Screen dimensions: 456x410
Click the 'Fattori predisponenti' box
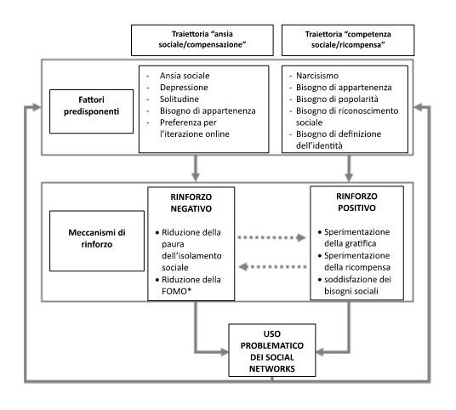(91, 111)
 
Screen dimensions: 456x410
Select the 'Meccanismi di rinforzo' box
(97, 241)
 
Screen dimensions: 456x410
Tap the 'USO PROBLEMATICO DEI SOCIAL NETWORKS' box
(272, 350)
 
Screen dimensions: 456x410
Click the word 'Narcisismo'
(317, 76)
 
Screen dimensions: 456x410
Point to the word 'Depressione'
(184, 88)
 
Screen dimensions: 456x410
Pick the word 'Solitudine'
(180, 99)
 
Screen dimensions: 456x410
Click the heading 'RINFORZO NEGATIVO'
(191, 202)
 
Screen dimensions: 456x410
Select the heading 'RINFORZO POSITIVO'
(356, 202)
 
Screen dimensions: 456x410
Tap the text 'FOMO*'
(176, 291)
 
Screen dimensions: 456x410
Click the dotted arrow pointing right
(272, 237)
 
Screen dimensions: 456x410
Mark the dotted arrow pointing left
(272, 266)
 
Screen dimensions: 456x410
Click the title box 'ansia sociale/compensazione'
(202, 40)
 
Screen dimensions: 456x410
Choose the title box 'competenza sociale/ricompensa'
(348, 40)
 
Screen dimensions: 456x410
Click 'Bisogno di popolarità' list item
(337, 99)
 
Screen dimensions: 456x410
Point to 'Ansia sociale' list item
(185, 76)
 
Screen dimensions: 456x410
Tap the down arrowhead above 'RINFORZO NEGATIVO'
(196, 177)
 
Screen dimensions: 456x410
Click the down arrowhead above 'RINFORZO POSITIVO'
(349, 177)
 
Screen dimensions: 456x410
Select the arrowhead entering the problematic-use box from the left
(225, 352)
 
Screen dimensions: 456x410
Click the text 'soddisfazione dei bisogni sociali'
(357, 285)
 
